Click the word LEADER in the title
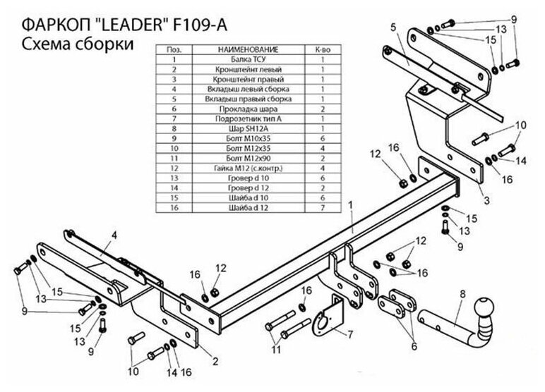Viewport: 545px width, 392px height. tap(127, 25)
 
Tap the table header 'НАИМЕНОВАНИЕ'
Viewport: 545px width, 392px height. tap(246, 51)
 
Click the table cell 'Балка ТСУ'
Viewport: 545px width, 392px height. tap(246, 61)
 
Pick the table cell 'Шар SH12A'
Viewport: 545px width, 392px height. tap(246, 130)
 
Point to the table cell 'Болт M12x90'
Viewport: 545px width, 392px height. tap(246, 159)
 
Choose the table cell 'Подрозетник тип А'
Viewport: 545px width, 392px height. tap(246, 120)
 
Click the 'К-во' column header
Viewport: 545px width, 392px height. tap(323, 51)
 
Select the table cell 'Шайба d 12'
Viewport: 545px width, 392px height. tap(246, 209)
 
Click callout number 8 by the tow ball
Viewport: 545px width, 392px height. tap(462, 294)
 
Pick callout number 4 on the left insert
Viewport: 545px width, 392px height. tap(114, 235)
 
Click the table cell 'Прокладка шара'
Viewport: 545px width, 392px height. tap(246, 110)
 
